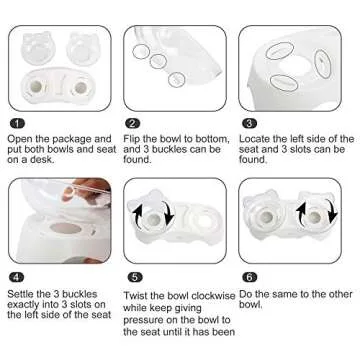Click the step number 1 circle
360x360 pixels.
14,123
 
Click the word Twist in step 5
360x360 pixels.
140,296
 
